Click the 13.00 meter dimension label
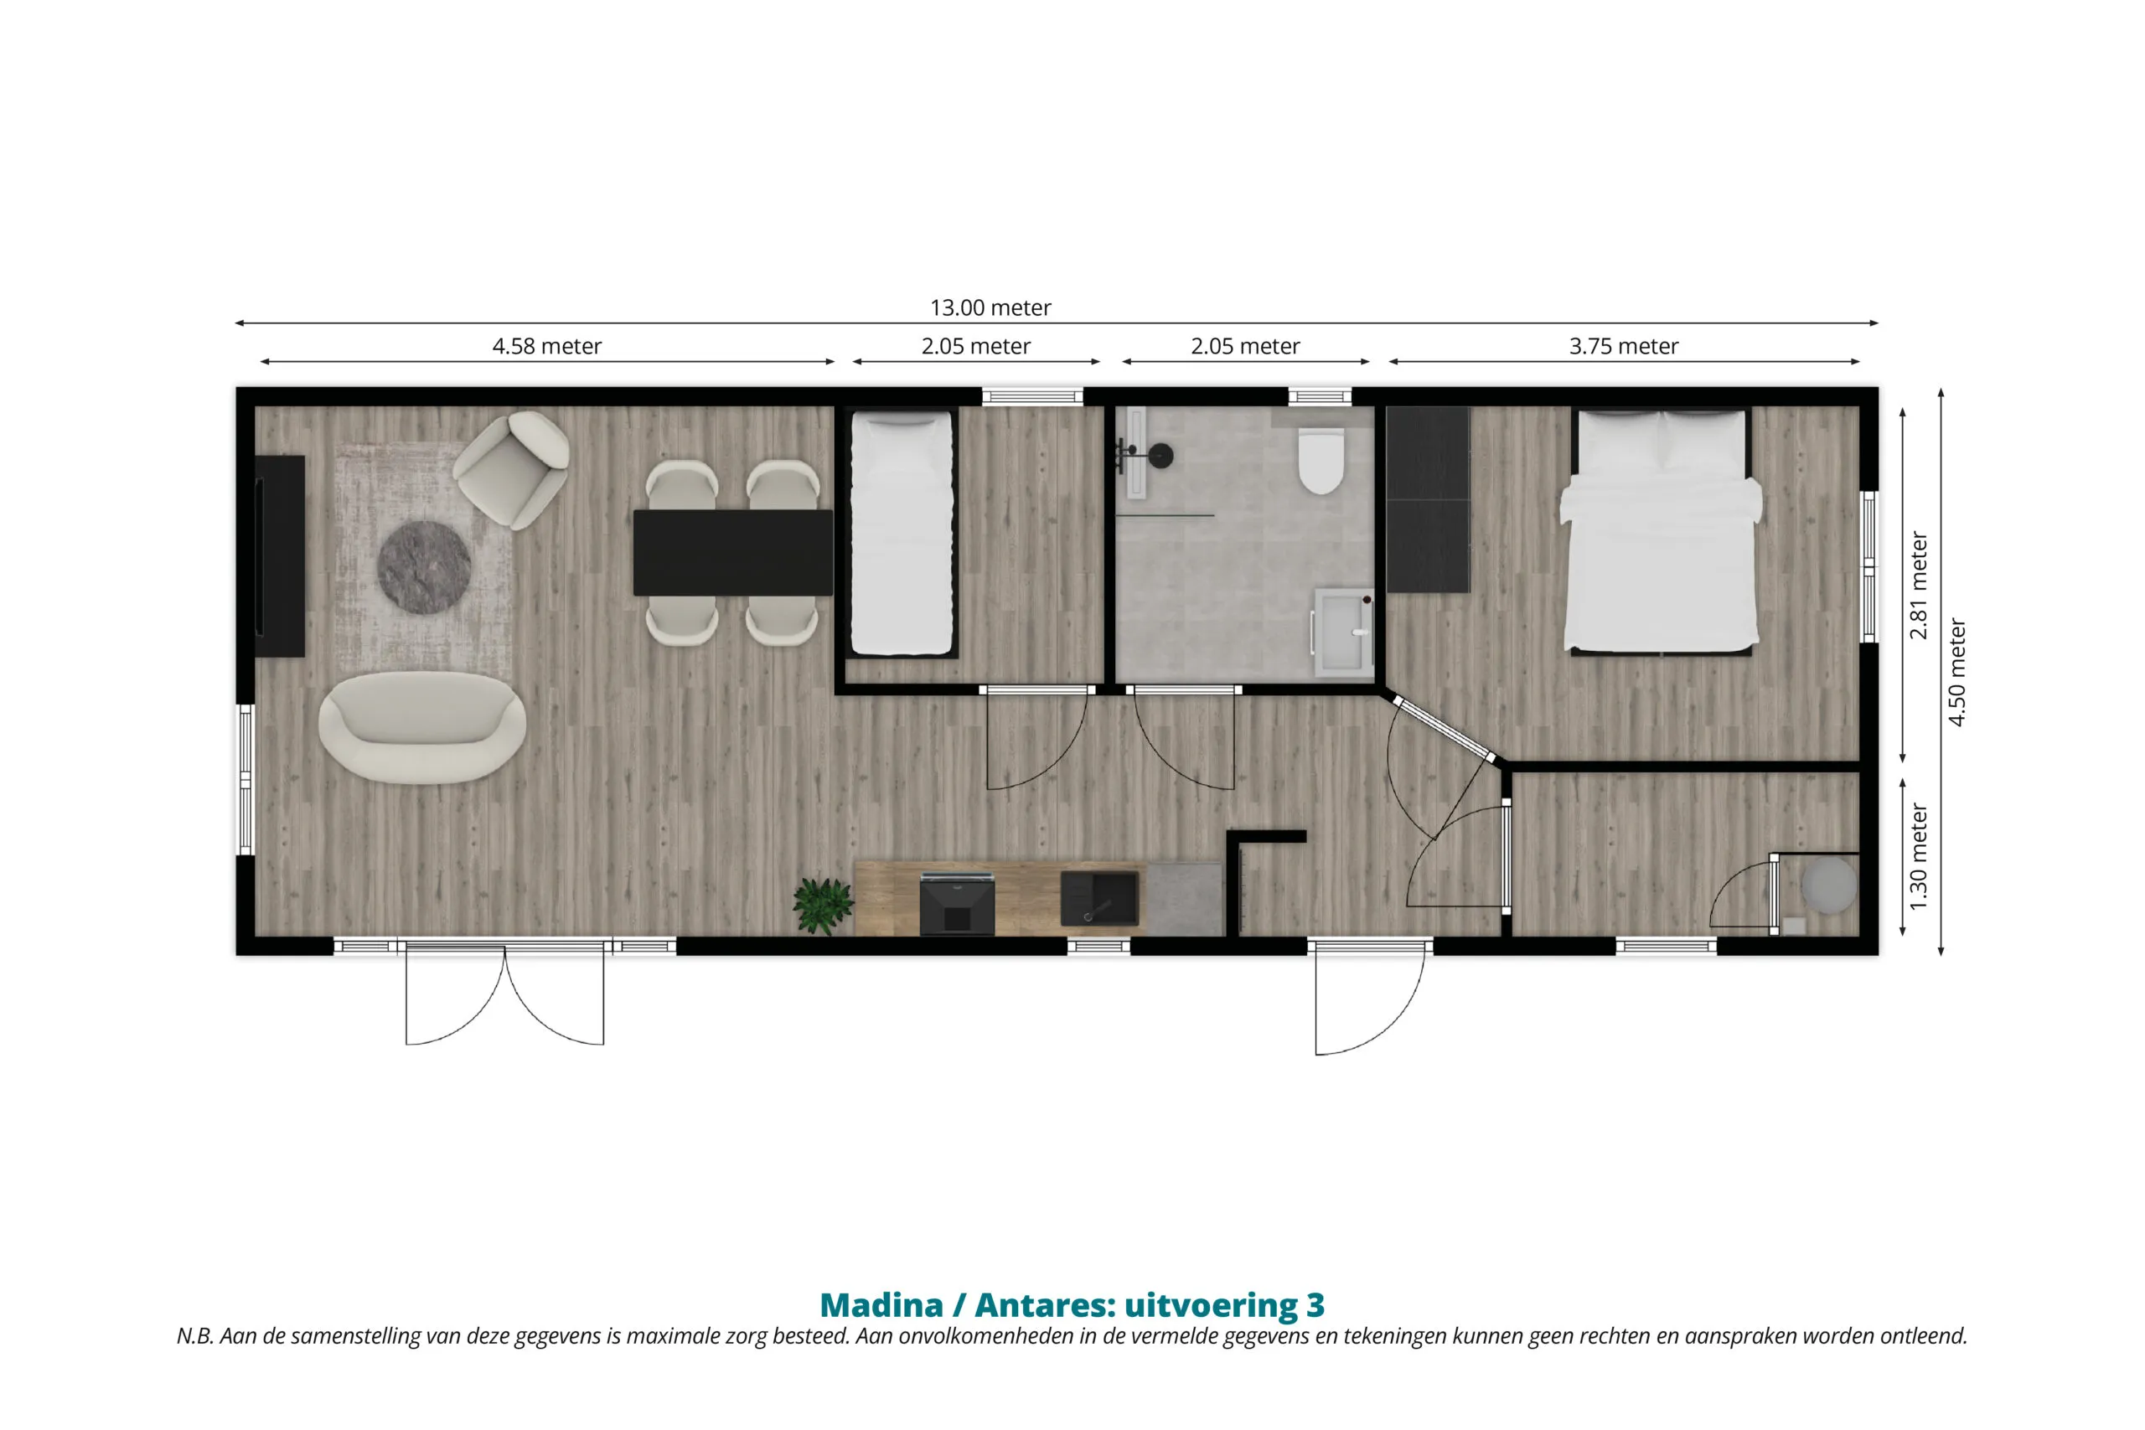tap(990, 307)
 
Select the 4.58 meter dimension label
tap(546, 347)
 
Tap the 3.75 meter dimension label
tap(1623, 347)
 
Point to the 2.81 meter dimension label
tap(1919, 585)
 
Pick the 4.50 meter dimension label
tap(1957, 672)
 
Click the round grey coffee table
tap(424, 567)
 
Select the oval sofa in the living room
tap(422, 728)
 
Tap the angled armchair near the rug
tap(512, 469)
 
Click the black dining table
tap(733, 553)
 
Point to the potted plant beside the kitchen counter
tap(823, 905)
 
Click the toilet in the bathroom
tap(1321, 460)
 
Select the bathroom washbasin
tap(1343, 632)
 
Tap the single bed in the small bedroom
tap(901, 534)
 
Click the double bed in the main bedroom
tap(1661, 531)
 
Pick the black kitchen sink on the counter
tap(1100, 899)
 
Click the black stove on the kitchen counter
tap(957, 903)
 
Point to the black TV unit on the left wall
tap(279, 555)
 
